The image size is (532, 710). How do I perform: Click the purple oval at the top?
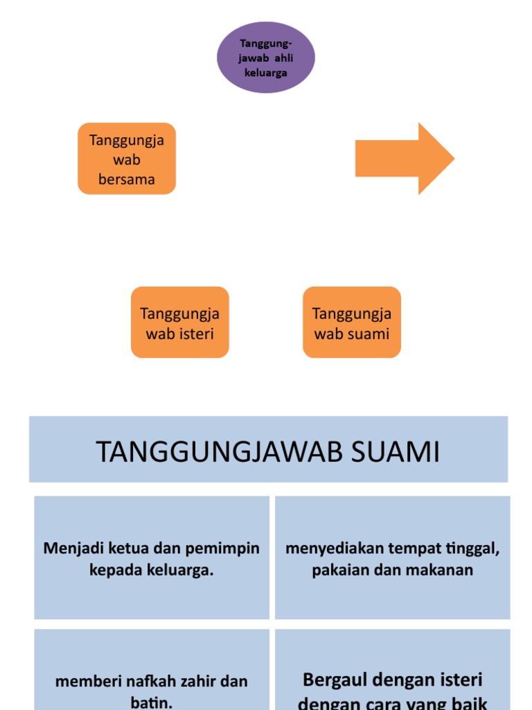266,57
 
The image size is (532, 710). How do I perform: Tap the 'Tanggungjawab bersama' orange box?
127,159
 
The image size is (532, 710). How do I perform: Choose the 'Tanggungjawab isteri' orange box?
179,322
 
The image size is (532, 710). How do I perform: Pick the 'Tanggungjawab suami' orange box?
352,322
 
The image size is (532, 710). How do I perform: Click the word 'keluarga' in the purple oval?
266,72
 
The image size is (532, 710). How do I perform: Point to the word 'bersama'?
127,180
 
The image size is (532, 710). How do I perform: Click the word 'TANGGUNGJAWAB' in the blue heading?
220,452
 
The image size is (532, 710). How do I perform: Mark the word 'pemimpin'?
227,548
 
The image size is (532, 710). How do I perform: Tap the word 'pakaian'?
339,570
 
